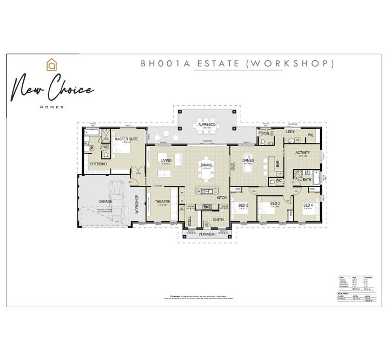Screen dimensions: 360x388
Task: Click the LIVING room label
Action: [x=166, y=161]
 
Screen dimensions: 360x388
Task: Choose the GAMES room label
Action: [x=248, y=161]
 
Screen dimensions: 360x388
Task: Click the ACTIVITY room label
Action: [x=303, y=153]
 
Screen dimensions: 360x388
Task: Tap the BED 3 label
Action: [x=275, y=203]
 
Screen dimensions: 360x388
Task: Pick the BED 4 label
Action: [x=308, y=206]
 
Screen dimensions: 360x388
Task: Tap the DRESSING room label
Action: [x=98, y=164]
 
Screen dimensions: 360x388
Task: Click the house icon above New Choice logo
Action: [x=51, y=65]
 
